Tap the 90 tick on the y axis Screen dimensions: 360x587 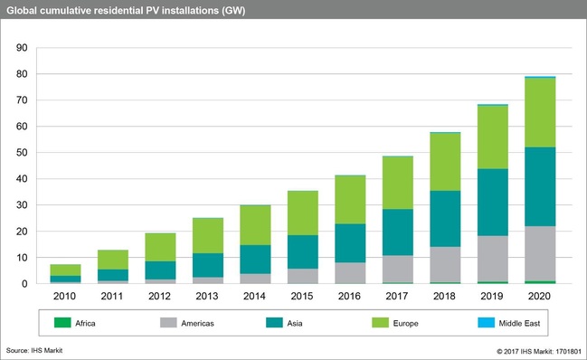click(23, 48)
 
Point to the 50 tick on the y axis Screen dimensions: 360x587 click(23, 153)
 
